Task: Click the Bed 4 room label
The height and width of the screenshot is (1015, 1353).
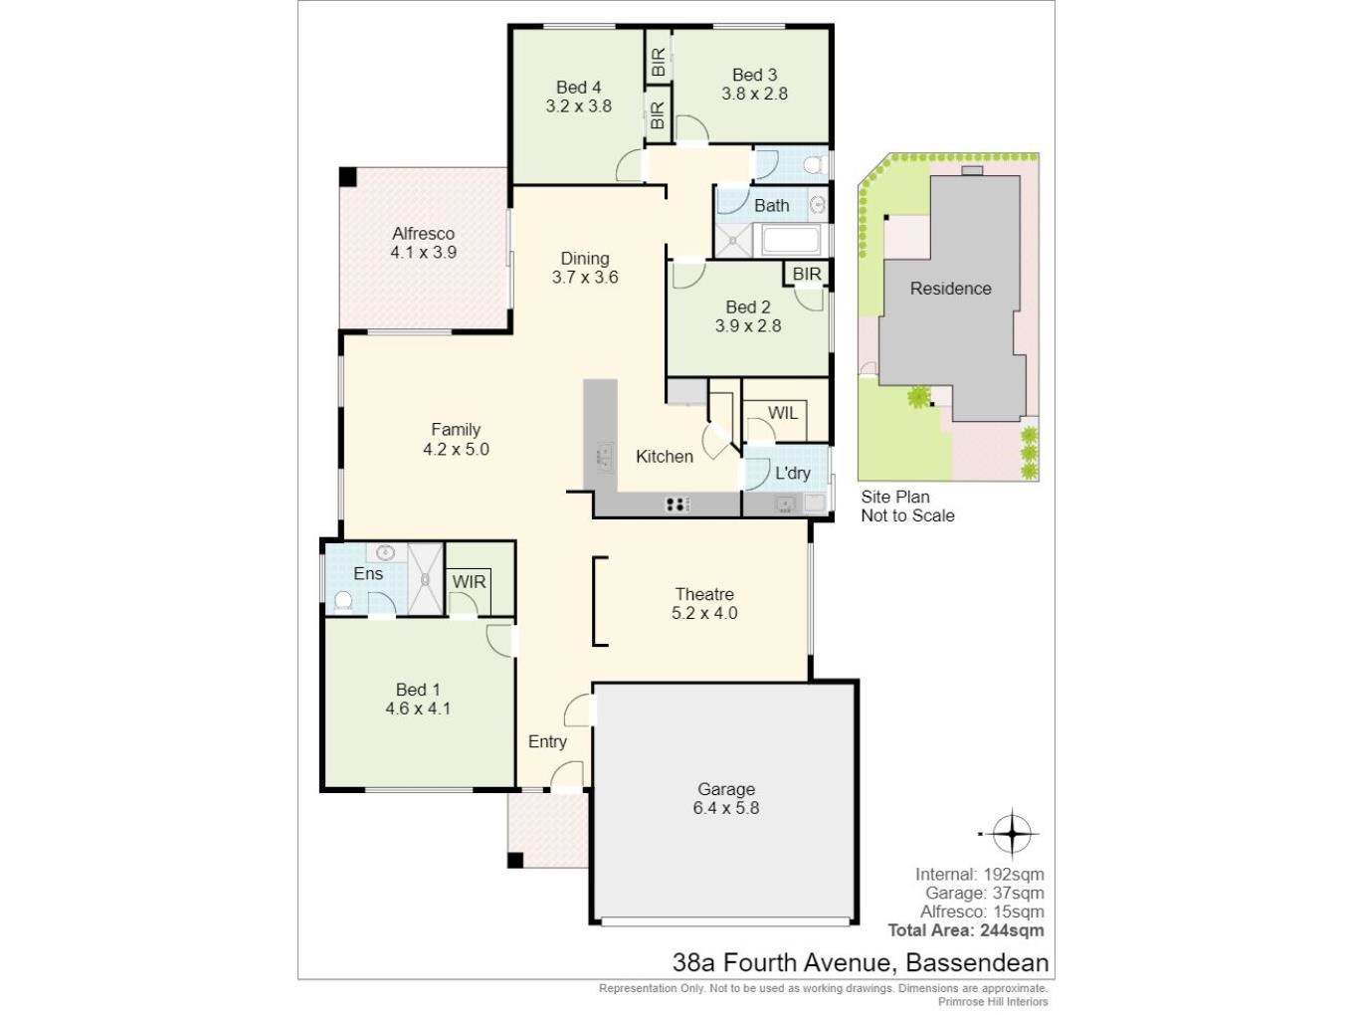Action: click(x=578, y=88)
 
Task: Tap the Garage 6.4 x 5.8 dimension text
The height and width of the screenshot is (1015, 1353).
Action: click(x=725, y=808)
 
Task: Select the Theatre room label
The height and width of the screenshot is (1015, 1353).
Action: click(x=704, y=594)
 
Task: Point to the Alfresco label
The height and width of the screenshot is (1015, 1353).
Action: click(x=423, y=234)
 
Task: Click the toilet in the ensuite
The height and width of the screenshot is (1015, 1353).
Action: click(x=342, y=601)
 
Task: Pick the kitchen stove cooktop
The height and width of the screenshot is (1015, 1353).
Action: click(x=676, y=505)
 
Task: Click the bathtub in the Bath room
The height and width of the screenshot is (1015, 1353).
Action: click(x=790, y=240)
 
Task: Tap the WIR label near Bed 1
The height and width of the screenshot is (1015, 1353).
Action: click(x=470, y=582)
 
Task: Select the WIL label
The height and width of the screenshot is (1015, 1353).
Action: click(x=782, y=413)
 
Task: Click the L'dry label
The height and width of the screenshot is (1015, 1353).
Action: click(x=792, y=473)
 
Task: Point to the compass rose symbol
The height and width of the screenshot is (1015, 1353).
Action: click(x=1011, y=834)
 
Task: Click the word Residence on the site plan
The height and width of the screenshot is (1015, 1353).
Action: click(x=950, y=289)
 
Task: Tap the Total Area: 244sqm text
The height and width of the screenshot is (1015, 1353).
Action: click(x=966, y=930)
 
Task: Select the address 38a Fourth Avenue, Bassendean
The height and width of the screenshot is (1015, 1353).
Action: click(x=861, y=962)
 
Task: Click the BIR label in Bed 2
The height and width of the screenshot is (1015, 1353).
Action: click(x=806, y=274)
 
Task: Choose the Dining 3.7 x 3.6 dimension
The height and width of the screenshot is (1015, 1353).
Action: click(x=585, y=278)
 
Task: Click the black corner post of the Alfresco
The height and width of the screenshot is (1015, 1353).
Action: click(x=347, y=176)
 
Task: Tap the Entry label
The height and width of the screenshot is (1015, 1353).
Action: click(x=547, y=741)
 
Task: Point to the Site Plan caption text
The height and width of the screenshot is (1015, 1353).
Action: click(x=907, y=506)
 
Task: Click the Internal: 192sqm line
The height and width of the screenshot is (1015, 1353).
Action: click(x=980, y=874)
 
